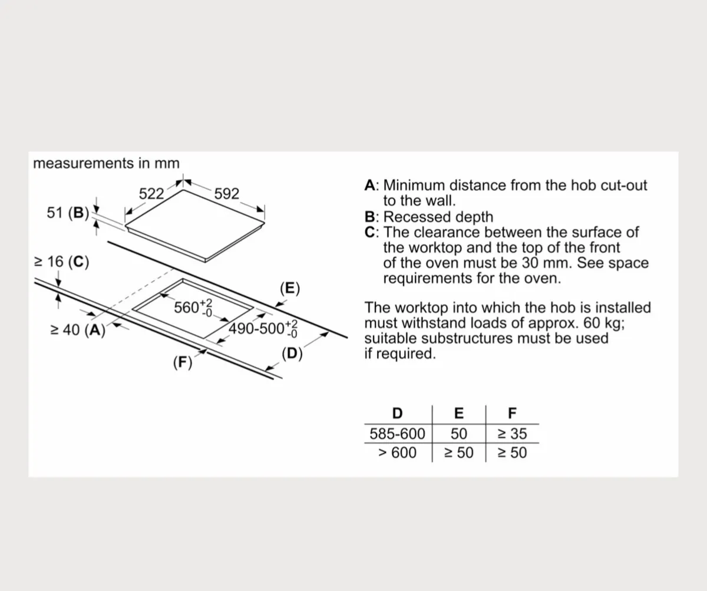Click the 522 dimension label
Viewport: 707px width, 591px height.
(151, 194)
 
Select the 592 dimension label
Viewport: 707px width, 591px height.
(227, 194)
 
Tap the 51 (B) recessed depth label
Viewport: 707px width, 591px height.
(67, 213)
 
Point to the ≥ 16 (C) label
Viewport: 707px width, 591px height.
(62, 262)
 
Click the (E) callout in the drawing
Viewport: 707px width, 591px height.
(290, 288)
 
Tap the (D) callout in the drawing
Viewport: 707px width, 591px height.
(292, 354)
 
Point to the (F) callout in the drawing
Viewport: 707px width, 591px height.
(183, 362)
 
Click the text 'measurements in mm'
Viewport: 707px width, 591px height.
(106, 163)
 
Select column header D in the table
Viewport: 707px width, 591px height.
(398, 413)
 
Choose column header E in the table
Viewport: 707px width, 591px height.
(459, 413)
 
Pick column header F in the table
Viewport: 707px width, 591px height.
(511, 413)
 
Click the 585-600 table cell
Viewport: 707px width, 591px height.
(397, 434)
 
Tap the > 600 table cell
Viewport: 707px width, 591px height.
(397, 453)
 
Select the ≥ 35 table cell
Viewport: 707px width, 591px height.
(511, 434)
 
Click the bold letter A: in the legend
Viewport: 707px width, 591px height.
(371, 186)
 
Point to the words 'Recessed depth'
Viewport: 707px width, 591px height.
(438, 217)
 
